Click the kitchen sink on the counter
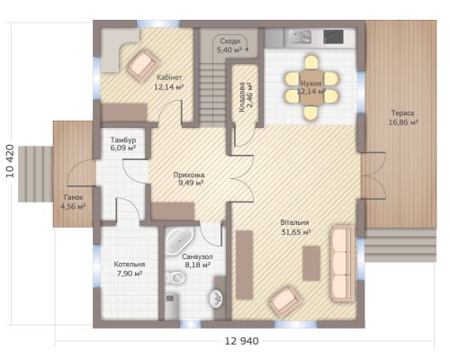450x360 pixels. coord(300,37)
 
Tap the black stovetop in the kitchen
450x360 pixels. coord(333,37)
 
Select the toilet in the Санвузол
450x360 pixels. coord(175,277)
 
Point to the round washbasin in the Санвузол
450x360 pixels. coord(216,298)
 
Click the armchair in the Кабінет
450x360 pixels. coord(143,65)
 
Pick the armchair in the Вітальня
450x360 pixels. coord(285,302)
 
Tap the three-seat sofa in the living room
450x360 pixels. coord(342,263)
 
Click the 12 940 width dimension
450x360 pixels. coord(241,341)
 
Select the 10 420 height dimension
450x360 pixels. coord(10,161)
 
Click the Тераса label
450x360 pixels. coord(402,113)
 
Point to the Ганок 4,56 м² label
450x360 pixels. coord(73,202)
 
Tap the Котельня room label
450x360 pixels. coord(130,265)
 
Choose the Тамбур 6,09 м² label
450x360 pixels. coord(123,144)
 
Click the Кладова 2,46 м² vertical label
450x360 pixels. coord(246,97)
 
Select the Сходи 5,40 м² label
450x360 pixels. coord(229,46)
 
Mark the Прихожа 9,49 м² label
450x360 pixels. coord(189,179)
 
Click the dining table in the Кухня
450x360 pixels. coord(312,87)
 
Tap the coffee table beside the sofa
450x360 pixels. coord(311,263)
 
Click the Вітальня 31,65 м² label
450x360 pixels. coord(295,228)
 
